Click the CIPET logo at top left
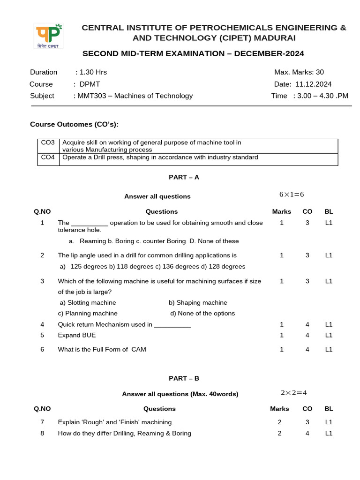pos(49,36)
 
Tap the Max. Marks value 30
pos(319,72)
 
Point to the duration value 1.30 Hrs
pos(93,72)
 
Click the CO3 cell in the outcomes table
pos(48,142)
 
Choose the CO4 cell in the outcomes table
pos(48,157)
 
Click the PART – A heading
pos(184,177)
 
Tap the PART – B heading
pos(184,378)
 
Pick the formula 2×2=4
pos(294,393)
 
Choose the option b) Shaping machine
pos(198,303)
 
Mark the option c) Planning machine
pos(88,313)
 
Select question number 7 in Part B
pos(42,422)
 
